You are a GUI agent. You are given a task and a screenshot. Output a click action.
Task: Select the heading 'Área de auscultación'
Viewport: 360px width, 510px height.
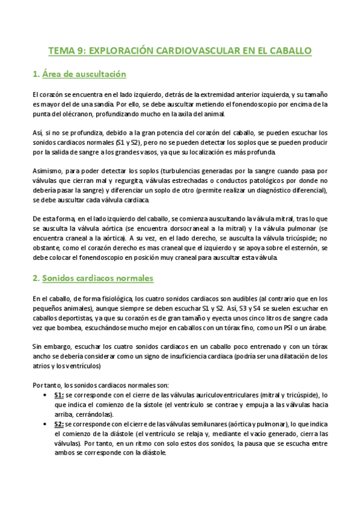coord(83,75)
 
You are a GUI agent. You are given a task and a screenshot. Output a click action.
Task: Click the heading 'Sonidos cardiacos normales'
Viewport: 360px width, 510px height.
coord(97,278)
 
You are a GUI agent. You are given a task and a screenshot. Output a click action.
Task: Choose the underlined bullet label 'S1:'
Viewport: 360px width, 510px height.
coord(59,395)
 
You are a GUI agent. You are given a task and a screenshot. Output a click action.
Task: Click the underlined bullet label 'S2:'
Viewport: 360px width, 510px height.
coord(59,424)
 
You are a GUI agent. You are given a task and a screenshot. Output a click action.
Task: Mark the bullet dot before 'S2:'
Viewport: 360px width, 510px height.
coord(47,424)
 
